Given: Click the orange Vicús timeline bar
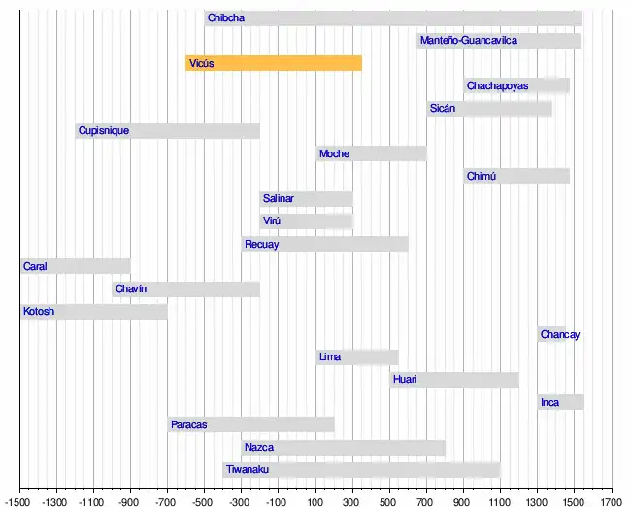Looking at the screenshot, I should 274,63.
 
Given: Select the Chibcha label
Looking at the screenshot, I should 226,17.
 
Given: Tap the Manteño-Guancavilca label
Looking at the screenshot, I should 468,41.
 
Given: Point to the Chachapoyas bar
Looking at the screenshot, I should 516,85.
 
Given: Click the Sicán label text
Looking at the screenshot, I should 443,109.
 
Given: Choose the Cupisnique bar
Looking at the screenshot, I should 168,131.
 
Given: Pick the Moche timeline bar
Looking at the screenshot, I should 372,153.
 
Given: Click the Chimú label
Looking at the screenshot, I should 482,176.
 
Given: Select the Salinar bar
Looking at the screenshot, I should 306,199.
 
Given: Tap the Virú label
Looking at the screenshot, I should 272,221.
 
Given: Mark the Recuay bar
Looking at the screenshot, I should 325,244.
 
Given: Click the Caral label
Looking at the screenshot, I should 36,266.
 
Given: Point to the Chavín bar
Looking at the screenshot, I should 185,289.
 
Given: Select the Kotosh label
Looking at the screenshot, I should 40,312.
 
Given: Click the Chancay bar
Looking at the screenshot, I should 551,334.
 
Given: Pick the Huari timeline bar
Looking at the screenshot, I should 454,380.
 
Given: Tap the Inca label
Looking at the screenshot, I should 550,402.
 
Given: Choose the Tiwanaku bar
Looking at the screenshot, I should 361,470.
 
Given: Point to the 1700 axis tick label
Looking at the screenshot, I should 612,502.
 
